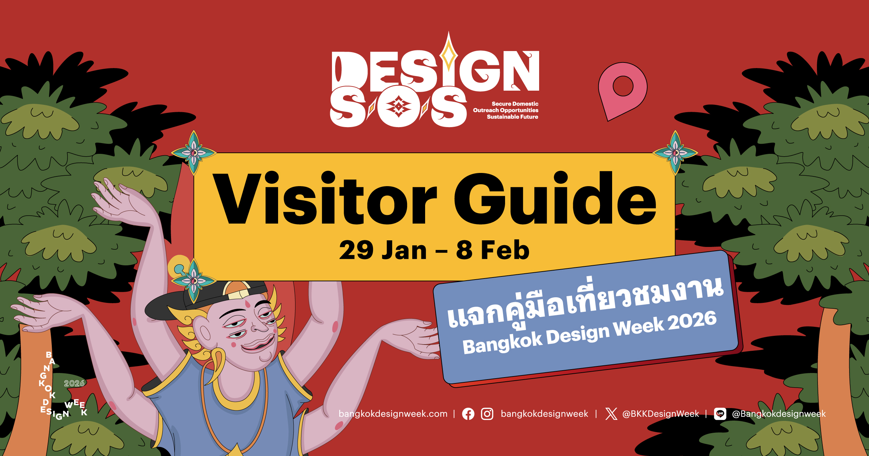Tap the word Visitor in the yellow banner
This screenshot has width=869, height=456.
click(x=325, y=198)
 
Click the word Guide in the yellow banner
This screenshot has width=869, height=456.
click(x=555, y=198)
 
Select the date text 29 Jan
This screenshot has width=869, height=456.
click(x=383, y=250)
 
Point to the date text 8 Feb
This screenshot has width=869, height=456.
click(x=493, y=250)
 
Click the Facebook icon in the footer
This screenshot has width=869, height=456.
click(x=468, y=414)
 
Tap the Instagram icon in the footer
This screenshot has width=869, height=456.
click(x=487, y=414)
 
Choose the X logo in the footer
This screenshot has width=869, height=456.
click(x=611, y=414)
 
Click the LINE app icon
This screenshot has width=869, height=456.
click(x=720, y=414)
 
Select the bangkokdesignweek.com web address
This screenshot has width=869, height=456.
click(x=393, y=414)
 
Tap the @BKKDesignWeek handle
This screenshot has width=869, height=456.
click(x=660, y=414)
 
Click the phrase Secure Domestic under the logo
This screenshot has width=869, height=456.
click(x=515, y=104)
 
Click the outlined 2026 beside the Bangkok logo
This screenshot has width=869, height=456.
click(x=74, y=383)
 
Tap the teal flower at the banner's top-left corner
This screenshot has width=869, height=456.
click(x=194, y=152)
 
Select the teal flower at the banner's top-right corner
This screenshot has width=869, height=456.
click(x=675, y=152)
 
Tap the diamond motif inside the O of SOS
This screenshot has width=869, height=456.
click(x=398, y=107)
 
